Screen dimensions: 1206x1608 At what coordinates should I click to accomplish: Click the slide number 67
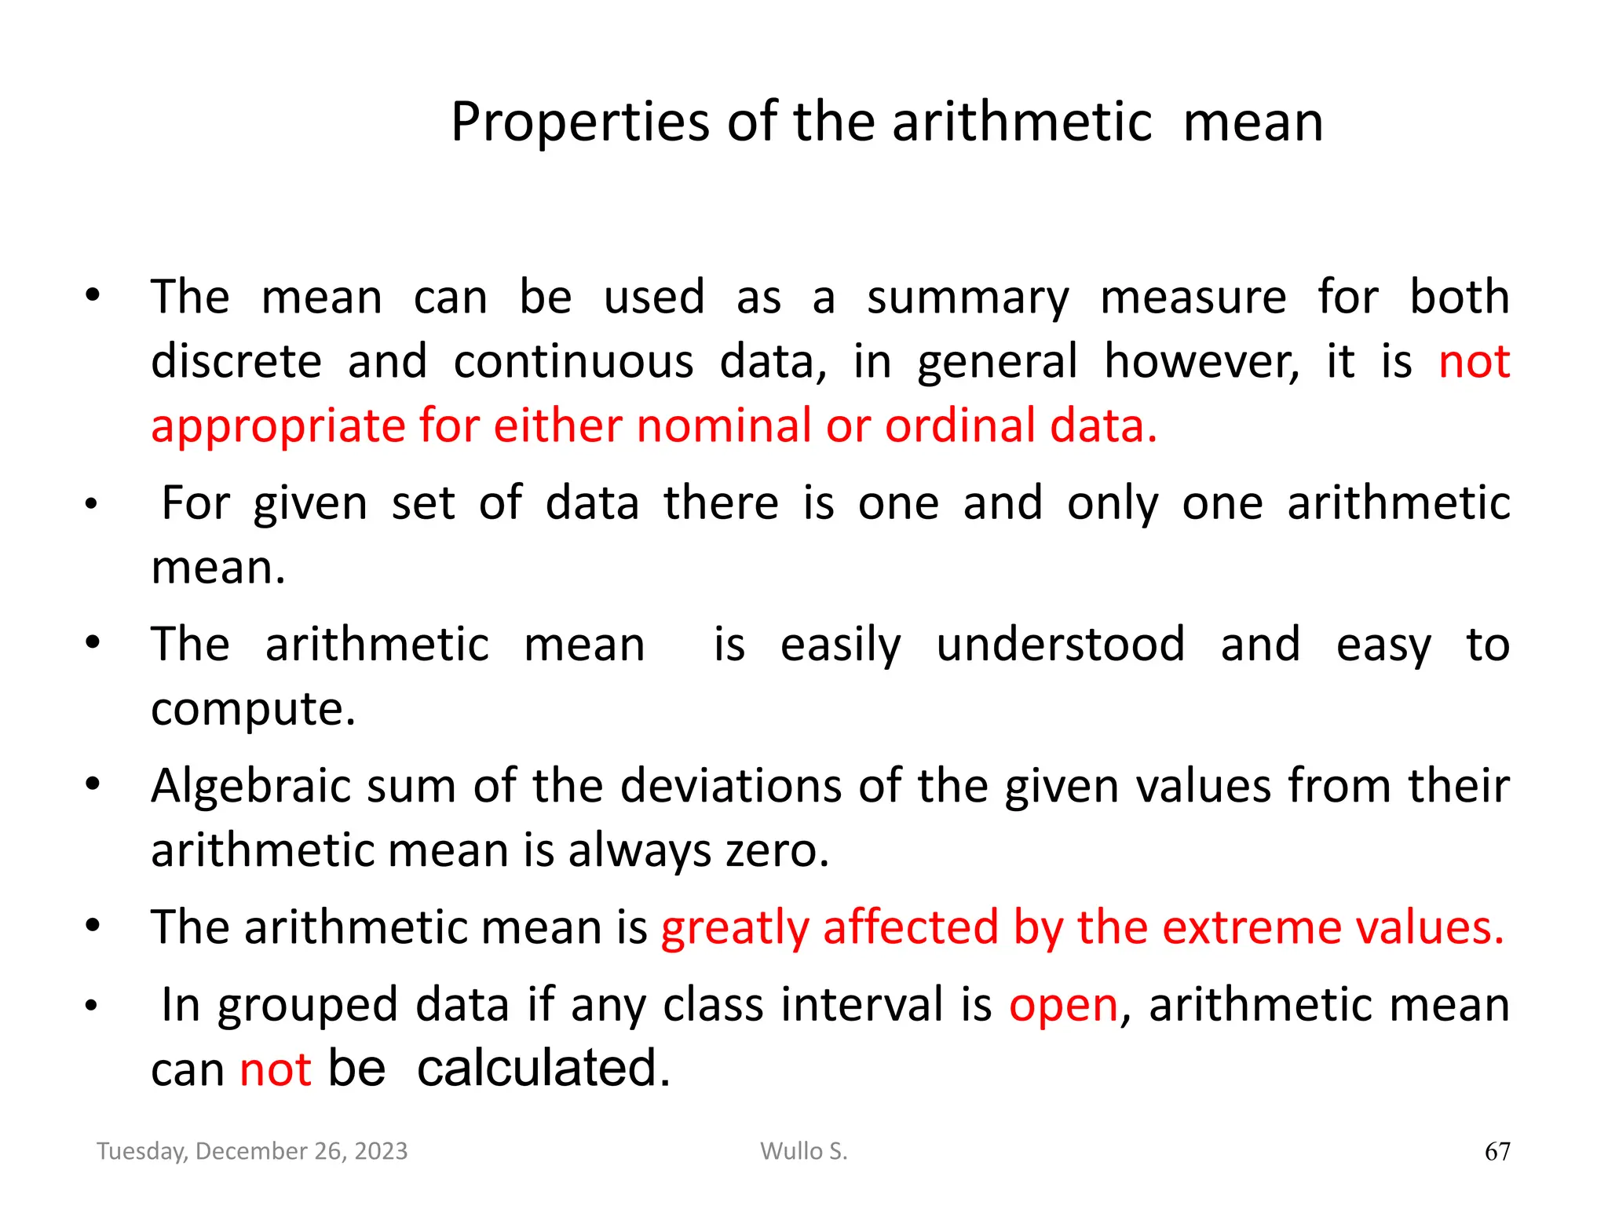[x=1497, y=1151]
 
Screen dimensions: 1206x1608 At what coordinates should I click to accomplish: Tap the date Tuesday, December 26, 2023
[x=252, y=1151]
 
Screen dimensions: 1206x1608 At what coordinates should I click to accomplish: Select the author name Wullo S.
[x=804, y=1151]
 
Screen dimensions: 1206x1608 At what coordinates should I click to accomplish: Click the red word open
[x=1063, y=1005]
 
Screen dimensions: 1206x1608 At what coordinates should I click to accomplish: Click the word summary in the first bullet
[x=967, y=298]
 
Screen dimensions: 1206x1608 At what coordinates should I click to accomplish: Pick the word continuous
[x=573, y=362]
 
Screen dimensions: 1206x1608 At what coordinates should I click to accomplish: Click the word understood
[x=1061, y=645]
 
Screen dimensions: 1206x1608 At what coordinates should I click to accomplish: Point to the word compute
[x=253, y=710]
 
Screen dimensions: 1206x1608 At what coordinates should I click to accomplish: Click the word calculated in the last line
[x=543, y=1069]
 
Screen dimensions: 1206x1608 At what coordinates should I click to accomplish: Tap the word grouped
[x=308, y=1007]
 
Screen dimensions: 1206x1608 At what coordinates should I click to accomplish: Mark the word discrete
[x=236, y=362]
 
